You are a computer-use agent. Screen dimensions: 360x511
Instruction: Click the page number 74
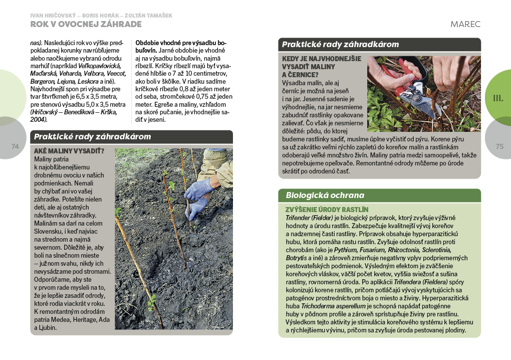point(15,146)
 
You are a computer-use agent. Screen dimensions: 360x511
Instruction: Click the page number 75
point(499,146)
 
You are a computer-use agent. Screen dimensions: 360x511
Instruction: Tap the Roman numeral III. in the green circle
point(498,98)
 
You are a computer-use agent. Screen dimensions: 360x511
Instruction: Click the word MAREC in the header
point(465,24)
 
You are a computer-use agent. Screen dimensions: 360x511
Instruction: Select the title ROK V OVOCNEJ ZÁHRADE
point(86,24)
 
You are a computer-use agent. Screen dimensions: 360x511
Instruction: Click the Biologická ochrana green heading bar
point(379,195)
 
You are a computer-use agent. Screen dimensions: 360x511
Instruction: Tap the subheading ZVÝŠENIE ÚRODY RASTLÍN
point(327,209)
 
